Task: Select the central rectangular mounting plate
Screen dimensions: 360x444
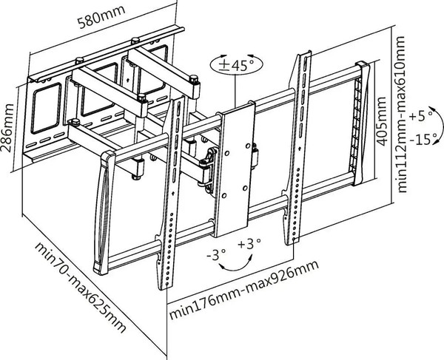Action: pos(235,166)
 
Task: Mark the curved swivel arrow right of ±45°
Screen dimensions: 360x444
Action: pos(252,64)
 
